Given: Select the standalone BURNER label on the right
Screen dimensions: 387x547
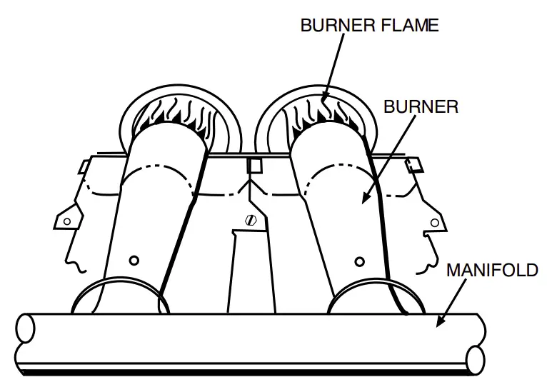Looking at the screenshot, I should [x=421, y=107].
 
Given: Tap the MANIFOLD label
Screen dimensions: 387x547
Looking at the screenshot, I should [x=492, y=271].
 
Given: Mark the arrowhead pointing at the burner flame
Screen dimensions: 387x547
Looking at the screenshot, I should [x=324, y=99].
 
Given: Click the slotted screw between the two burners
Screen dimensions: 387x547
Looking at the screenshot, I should [x=250, y=220].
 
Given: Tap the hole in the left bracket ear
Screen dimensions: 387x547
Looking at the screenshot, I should [x=67, y=221].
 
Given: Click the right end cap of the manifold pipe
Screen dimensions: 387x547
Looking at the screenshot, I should [x=474, y=357].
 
